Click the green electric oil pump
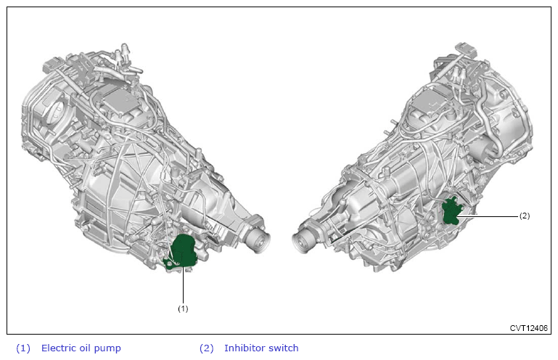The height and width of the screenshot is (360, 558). pos(182,251)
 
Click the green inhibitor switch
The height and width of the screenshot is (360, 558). pos(451,211)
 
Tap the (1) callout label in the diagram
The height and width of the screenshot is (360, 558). pos(183,308)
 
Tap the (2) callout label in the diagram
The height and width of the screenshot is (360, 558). pos(524,216)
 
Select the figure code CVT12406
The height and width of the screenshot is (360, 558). pos(528,328)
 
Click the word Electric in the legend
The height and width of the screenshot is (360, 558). pos(58,348)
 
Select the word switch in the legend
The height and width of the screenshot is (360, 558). pos(284,348)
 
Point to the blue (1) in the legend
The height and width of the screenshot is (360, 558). pos(23,348)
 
